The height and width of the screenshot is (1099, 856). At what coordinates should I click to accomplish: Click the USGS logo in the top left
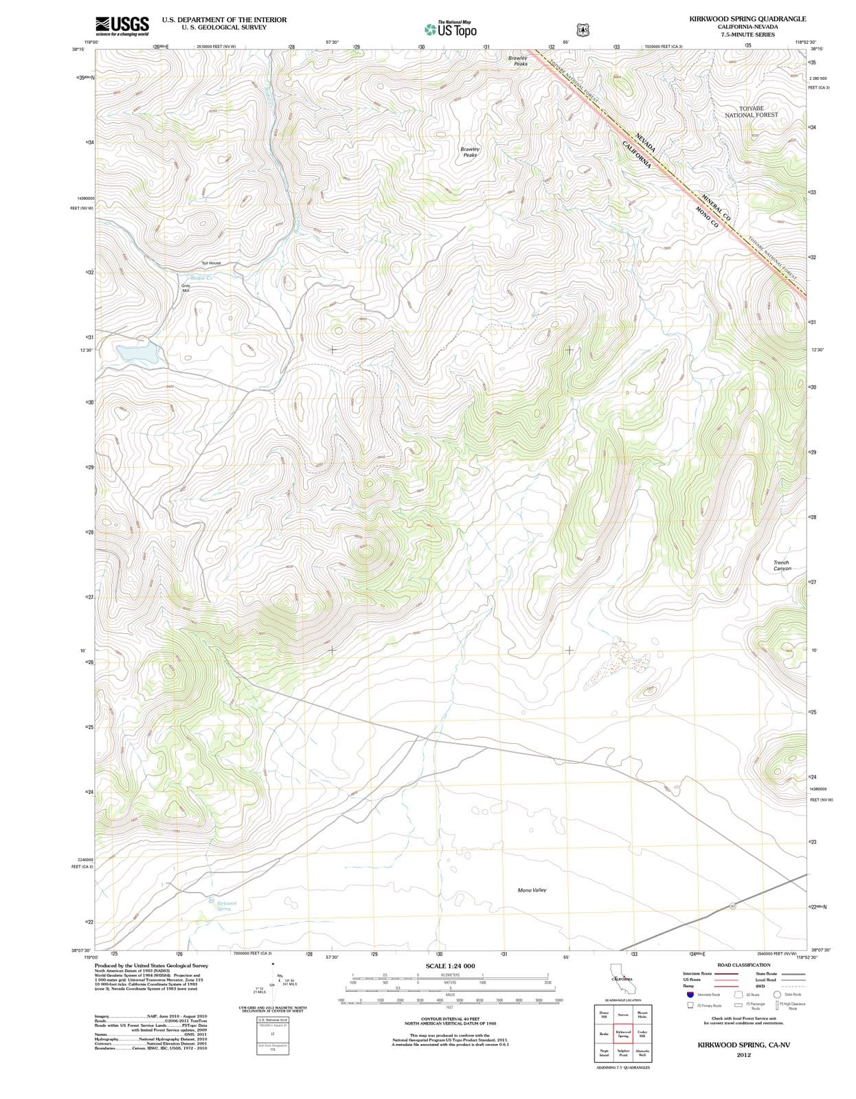pos(122,25)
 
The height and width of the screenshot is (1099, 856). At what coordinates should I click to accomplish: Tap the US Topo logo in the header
pos(450,30)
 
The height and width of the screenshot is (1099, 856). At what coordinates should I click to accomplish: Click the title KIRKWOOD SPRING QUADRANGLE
pos(747,19)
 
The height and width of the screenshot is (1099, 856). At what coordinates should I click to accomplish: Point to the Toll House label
pos(211,263)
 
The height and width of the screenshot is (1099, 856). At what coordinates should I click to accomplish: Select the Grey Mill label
pos(185,288)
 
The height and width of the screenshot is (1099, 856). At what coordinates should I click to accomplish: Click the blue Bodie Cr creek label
pos(202,277)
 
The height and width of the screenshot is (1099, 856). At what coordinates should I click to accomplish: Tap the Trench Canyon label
pos(781,565)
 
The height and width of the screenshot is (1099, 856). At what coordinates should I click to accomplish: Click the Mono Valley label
pos(532,890)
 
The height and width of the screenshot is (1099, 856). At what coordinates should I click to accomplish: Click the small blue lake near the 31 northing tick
pos(138,354)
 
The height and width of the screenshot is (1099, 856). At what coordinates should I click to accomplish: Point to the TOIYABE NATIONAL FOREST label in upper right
pos(751,111)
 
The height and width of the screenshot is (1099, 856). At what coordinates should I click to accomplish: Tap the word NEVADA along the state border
pos(645,143)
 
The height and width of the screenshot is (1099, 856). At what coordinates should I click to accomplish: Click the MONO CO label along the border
pos(706,217)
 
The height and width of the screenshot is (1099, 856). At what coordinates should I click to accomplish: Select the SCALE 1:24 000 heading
pos(450,966)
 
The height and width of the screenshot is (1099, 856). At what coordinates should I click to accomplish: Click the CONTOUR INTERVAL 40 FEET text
pos(450,1019)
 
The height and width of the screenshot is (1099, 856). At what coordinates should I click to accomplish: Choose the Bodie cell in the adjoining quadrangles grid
pos(604,1034)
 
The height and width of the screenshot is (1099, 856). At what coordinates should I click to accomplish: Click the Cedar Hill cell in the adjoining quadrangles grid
pos(642,1034)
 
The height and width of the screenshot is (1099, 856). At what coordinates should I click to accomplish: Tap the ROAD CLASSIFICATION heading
pos(743,965)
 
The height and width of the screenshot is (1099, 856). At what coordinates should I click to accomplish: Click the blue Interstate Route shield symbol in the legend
pos(690,994)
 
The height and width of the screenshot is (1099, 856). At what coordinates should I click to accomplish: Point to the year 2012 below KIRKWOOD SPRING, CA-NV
pos(743,1054)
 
